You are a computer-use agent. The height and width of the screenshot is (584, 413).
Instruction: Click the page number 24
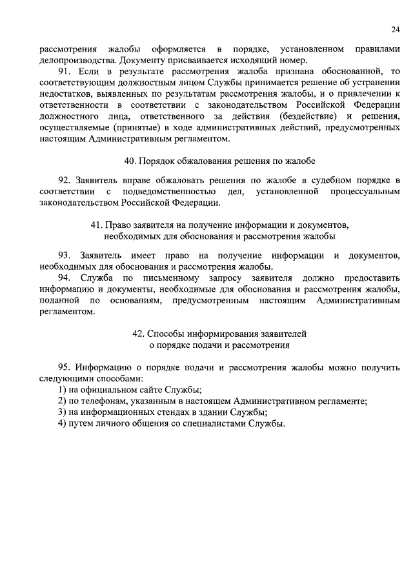coord(395,28)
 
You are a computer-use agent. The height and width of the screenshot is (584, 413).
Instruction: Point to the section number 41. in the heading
coord(99,224)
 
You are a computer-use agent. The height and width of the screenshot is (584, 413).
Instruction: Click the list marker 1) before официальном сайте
coord(62,389)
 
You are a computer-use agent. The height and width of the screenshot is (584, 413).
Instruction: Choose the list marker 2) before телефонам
coord(62,401)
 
